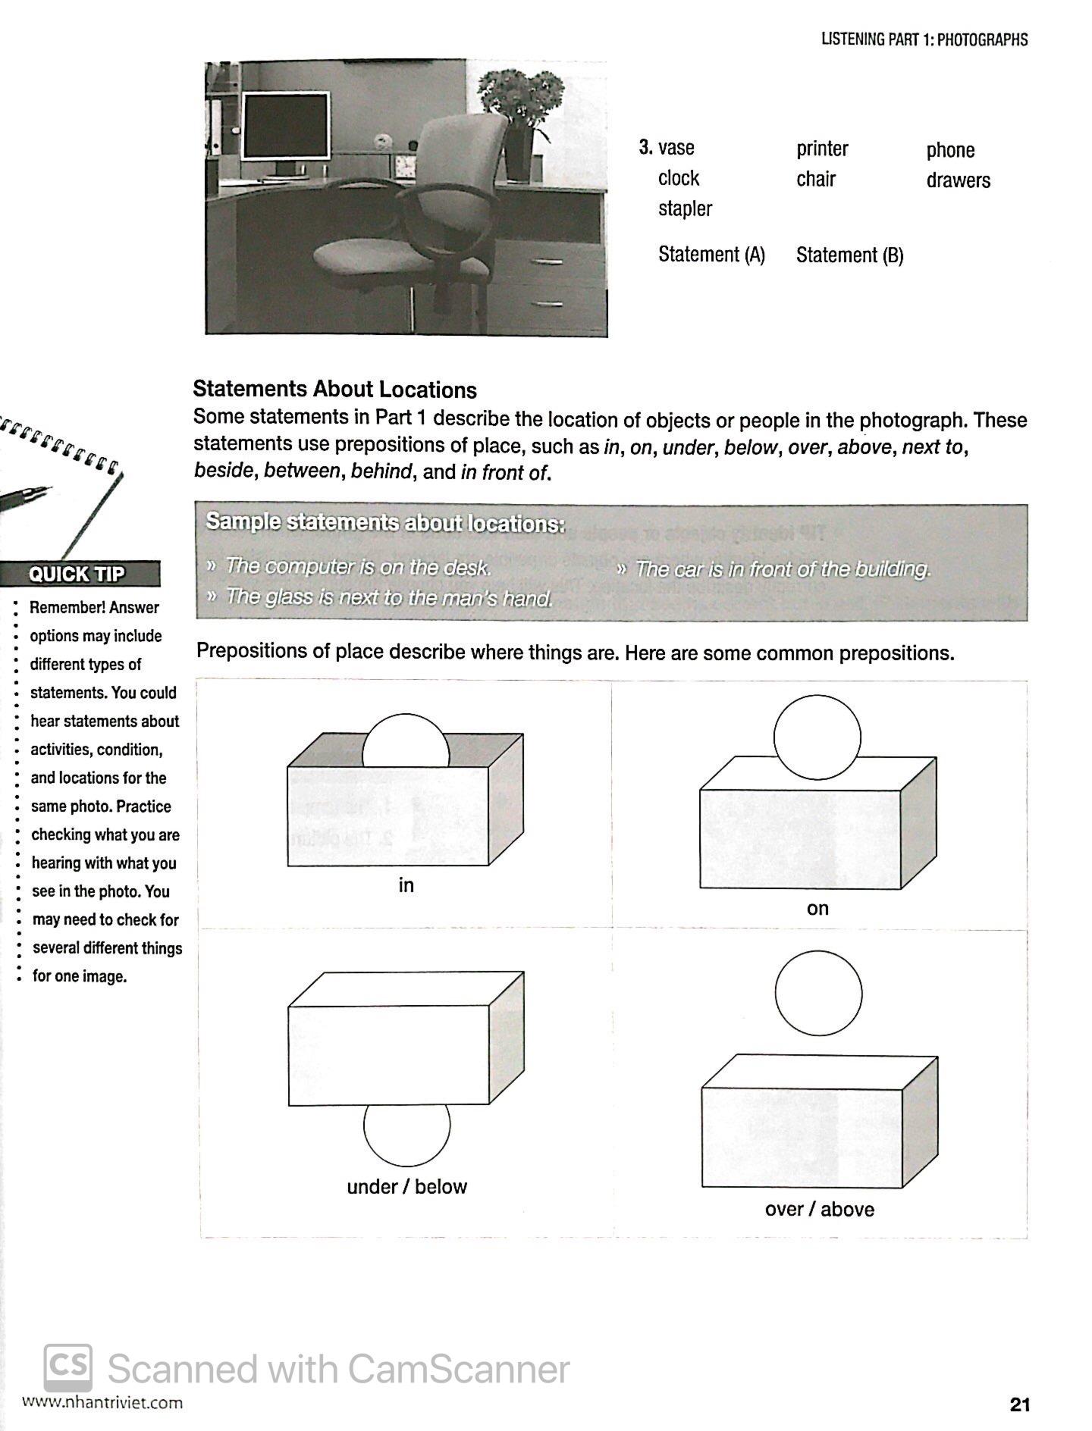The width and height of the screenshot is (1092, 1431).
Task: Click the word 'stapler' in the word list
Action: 685,209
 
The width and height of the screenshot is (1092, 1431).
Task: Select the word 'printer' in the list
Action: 822,149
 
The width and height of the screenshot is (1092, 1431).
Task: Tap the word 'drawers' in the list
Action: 958,180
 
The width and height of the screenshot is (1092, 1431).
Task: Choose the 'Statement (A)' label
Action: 711,255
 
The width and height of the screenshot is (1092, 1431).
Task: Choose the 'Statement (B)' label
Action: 849,255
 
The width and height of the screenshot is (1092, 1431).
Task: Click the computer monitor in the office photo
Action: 285,126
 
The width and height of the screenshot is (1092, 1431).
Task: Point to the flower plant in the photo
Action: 522,99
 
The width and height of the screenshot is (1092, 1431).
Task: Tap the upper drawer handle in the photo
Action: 548,261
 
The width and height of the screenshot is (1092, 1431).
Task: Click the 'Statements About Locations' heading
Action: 334,390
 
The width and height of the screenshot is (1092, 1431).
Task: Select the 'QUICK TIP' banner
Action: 78,574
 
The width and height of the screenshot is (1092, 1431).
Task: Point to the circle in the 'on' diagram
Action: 817,737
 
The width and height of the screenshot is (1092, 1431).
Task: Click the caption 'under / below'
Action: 406,1187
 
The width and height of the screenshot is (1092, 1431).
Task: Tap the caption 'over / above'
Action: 819,1210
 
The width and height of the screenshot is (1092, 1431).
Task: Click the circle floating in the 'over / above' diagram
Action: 818,993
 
